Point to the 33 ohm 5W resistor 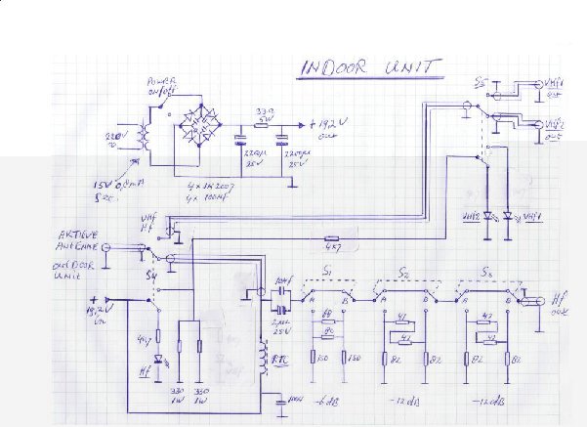(263, 112)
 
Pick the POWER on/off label (160, 86)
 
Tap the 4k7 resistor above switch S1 (331, 236)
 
